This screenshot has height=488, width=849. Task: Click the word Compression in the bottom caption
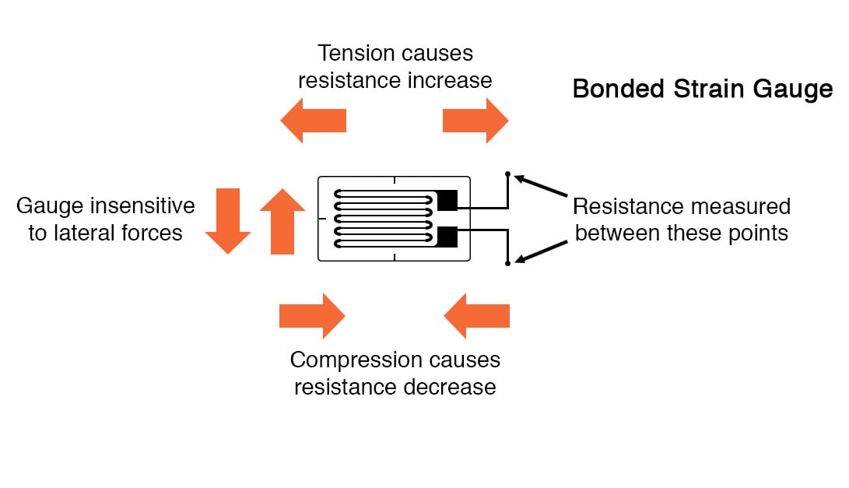(x=355, y=360)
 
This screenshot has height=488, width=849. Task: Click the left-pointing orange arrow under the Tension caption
(x=313, y=121)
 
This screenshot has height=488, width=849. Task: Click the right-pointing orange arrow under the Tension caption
(x=475, y=121)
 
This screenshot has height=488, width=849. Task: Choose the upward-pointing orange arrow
(x=282, y=221)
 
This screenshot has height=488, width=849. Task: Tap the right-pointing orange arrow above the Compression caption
(x=311, y=316)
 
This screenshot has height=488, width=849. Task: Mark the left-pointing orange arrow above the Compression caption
(x=477, y=316)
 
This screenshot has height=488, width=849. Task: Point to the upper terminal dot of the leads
(x=507, y=174)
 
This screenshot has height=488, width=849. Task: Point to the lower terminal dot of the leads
(x=507, y=264)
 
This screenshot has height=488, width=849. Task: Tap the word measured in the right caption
(x=740, y=207)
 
